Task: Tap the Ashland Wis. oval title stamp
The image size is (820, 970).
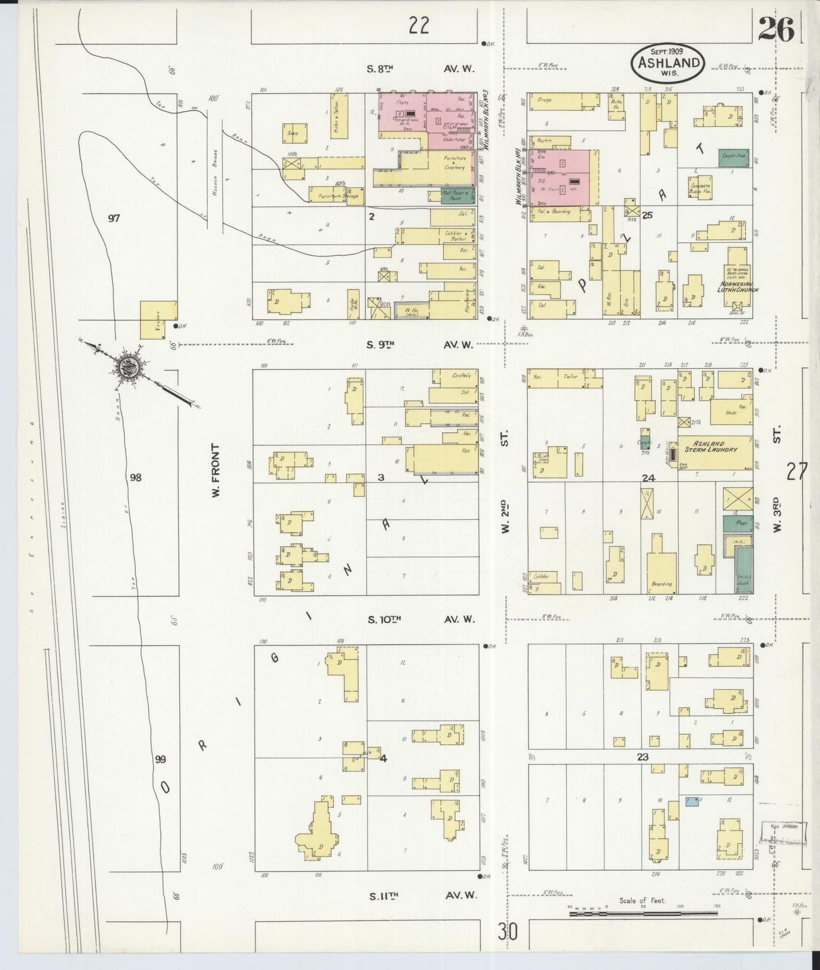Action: tap(668, 62)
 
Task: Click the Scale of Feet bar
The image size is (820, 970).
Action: tap(643, 913)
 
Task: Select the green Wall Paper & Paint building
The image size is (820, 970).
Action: tap(457, 195)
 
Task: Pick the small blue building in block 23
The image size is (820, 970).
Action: tap(691, 802)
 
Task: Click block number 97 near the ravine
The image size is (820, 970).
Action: tap(114, 218)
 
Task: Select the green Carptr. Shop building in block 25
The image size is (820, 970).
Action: tap(733, 157)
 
